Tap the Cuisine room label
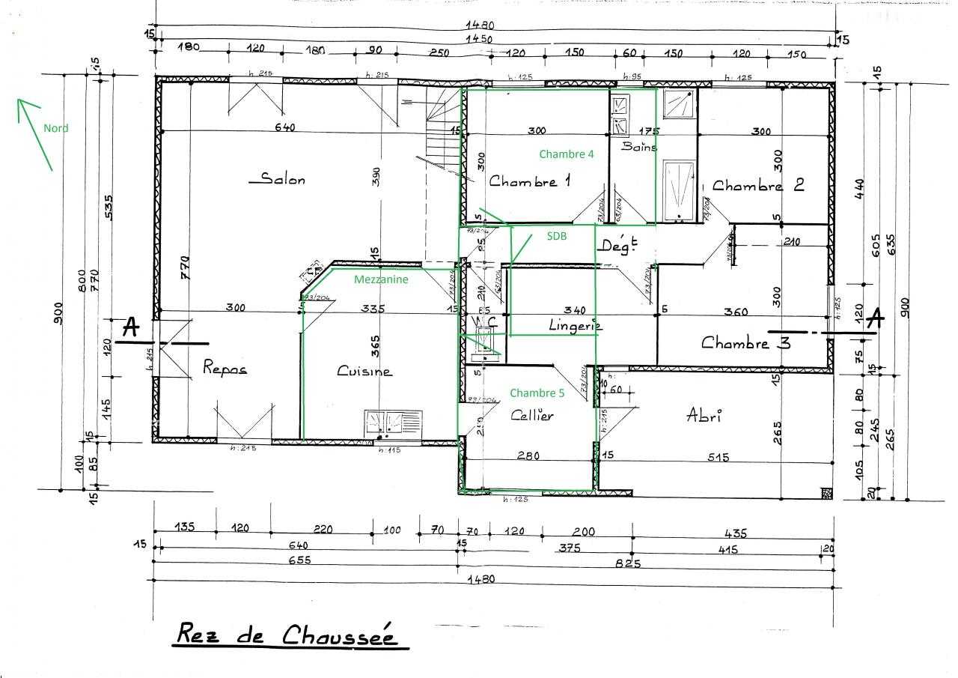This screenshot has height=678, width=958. click(x=364, y=371)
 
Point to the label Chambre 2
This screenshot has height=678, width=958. click(x=757, y=185)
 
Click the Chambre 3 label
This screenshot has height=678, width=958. click(x=745, y=343)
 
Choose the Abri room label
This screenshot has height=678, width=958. click(x=704, y=416)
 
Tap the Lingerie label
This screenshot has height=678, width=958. click(x=576, y=325)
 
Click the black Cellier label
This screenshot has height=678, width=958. click(x=532, y=415)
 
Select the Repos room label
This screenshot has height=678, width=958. click(x=225, y=368)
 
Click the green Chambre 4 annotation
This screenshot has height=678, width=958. click(x=567, y=154)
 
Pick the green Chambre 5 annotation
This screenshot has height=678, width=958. click(x=537, y=393)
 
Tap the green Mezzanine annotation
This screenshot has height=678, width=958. click(x=382, y=279)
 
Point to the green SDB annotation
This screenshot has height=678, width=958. click(x=556, y=236)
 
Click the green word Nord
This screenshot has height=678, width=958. click(x=55, y=128)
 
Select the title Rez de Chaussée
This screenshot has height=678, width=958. click(x=293, y=635)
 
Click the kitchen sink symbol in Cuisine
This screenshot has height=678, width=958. click(x=393, y=423)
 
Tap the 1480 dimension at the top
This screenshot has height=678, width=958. click(x=480, y=25)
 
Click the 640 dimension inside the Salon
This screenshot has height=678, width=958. click(x=284, y=127)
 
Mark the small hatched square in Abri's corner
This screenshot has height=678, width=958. click(x=826, y=492)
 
